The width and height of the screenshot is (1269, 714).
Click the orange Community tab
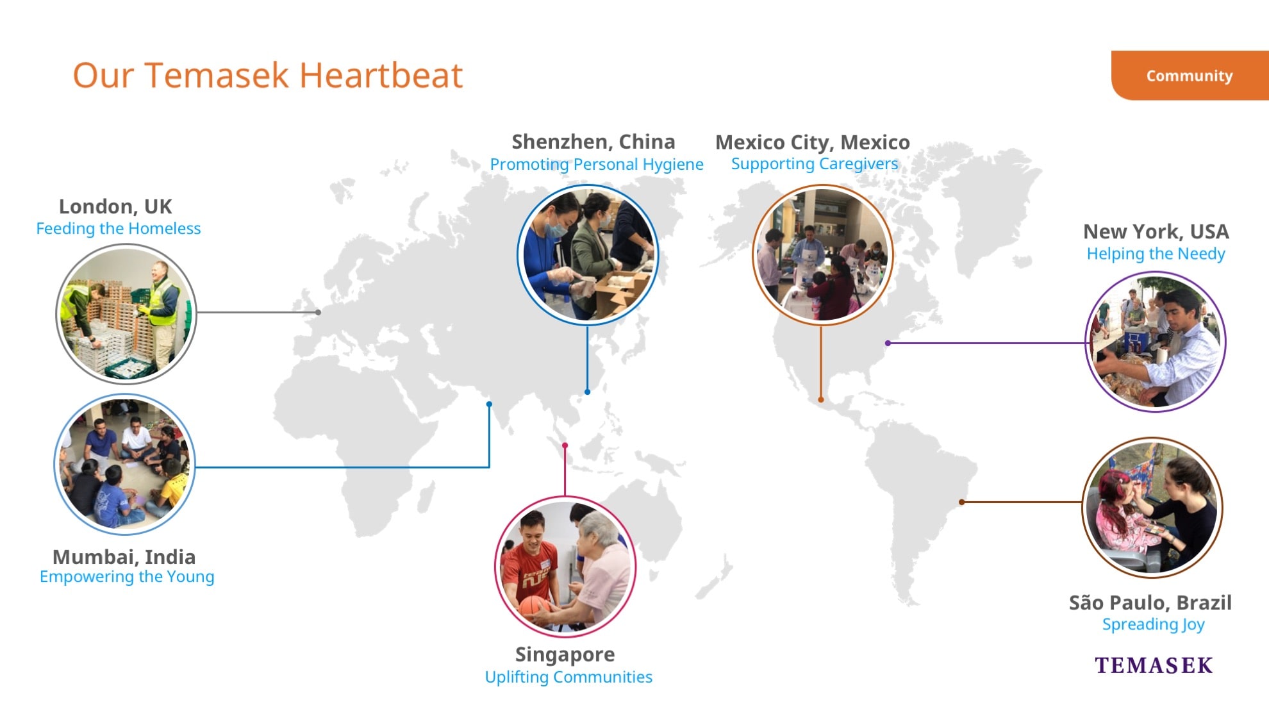coord(1190,76)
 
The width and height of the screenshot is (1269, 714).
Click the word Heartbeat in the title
coord(381,75)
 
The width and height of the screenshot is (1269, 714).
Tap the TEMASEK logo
coord(1154,665)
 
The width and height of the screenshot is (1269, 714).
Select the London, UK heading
coord(115,206)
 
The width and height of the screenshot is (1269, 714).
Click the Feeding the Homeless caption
coord(119,228)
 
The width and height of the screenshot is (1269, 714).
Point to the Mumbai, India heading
coord(124,556)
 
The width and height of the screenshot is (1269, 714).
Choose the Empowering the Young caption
coord(127,577)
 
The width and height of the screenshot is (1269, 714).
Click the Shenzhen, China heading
coord(593,142)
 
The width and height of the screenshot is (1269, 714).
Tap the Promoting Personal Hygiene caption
coord(597,165)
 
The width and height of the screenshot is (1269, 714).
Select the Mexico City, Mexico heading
coord(813,142)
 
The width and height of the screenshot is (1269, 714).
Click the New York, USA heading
coord(1156,231)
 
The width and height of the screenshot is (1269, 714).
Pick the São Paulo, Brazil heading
coord(1150,602)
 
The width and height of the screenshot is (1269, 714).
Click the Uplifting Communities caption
coord(568,677)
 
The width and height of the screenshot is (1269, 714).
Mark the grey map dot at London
coord(319,312)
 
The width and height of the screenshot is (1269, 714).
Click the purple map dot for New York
coord(888,343)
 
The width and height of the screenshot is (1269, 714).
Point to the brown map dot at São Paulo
coord(961,502)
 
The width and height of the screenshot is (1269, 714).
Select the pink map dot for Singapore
coord(565,445)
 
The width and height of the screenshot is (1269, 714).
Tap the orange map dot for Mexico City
coord(821,399)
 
